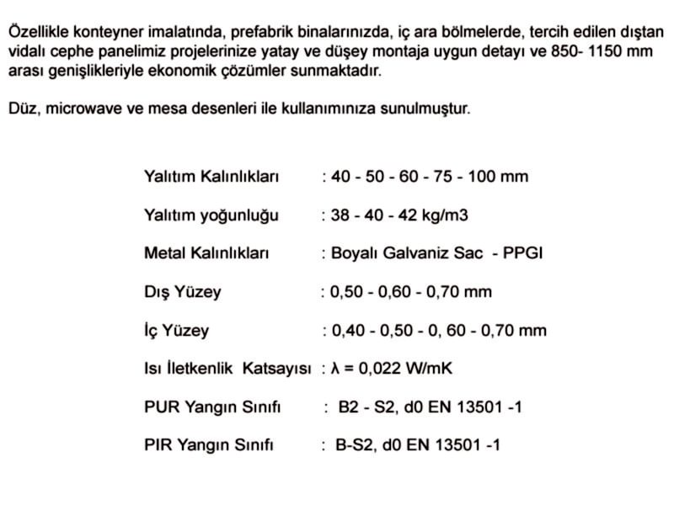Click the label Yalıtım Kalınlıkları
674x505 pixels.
[x=211, y=177]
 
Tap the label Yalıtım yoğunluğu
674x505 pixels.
[x=211, y=215]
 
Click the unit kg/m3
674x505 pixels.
[x=442, y=215]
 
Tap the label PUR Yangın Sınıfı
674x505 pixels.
[x=212, y=407]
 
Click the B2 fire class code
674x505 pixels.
[x=348, y=407]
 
